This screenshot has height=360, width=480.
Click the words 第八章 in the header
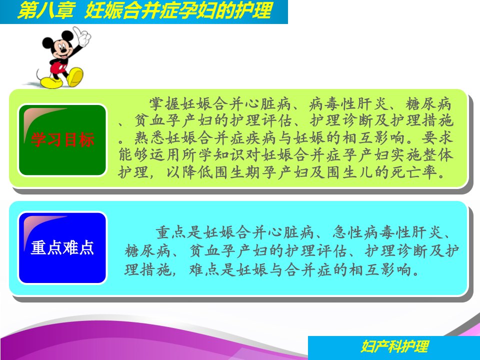point(46,11)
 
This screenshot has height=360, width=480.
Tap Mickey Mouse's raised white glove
point(81,36)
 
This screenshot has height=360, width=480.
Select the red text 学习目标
point(62,140)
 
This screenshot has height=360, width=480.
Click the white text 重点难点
point(62,248)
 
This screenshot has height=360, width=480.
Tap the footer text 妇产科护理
point(395,346)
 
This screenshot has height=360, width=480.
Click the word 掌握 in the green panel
point(164,104)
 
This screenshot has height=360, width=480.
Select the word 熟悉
point(149,138)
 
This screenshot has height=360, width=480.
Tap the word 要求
point(437,138)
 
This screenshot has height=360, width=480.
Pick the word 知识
point(229,155)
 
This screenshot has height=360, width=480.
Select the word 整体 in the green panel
point(437,155)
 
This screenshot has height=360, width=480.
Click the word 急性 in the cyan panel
point(348,232)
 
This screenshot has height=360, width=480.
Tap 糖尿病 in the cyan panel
point(147,251)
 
